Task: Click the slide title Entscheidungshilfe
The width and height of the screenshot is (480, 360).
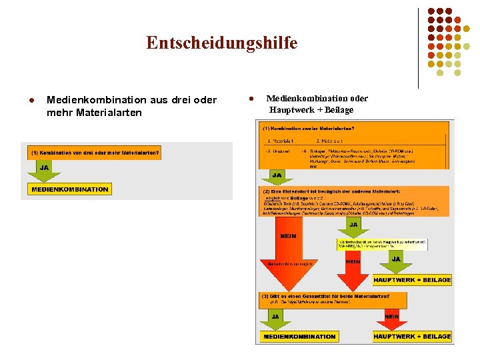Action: click(x=222, y=43)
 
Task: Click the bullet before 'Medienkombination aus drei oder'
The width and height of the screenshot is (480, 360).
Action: click(x=31, y=100)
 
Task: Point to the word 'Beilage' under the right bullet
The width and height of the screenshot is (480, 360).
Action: click(x=339, y=110)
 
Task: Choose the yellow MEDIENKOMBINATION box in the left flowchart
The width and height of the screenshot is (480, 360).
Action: click(x=69, y=189)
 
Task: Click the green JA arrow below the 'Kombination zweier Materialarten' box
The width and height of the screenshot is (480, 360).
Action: click(x=277, y=177)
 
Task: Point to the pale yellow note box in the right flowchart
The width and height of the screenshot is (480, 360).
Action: click(x=382, y=244)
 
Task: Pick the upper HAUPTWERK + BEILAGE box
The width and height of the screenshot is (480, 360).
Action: click(x=412, y=280)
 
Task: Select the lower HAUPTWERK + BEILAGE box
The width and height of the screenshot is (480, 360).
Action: click(x=412, y=337)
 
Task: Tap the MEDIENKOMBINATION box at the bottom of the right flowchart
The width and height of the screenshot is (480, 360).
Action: click(x=299, y=337)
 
